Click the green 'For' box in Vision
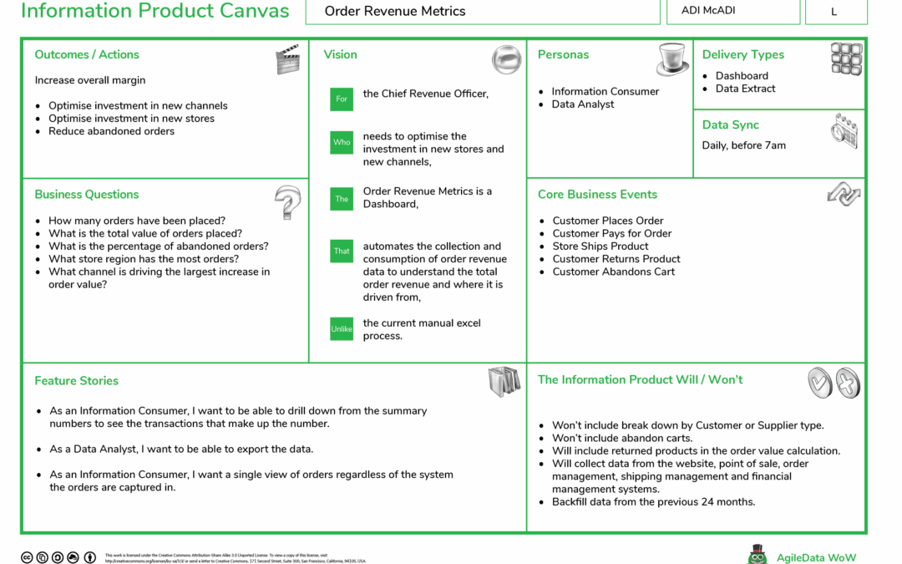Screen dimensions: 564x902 [x=342, y=99]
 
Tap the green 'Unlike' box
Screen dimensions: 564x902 [x=342, y=329]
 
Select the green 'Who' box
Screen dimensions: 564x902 [x=342, y=142]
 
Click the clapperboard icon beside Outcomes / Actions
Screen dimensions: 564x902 [x=287, y=59]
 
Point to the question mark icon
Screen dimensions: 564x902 [x=286, y=202]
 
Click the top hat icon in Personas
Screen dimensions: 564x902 [x=672, y=59]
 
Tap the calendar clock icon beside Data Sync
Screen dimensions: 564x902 [x=844, y=130]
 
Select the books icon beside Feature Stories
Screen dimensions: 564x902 [x=504, y=381]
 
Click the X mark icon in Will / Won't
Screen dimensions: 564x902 [x=847, y=383]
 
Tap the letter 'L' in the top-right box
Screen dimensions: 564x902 [x=834, y=12]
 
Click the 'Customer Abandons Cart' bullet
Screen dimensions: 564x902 [x=613, y=272]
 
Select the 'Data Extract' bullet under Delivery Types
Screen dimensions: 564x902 [x=745, y=89]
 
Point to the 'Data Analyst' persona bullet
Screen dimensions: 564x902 [x=582, y=104]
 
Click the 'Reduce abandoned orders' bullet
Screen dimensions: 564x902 [x=111, y=131]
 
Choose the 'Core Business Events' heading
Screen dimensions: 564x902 [x=597, y=195]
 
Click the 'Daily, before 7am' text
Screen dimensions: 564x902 [x=743, y=145]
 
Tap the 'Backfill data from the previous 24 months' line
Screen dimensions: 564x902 [x=653, y=502]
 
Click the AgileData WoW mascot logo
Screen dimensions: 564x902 [x=758, y=555]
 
